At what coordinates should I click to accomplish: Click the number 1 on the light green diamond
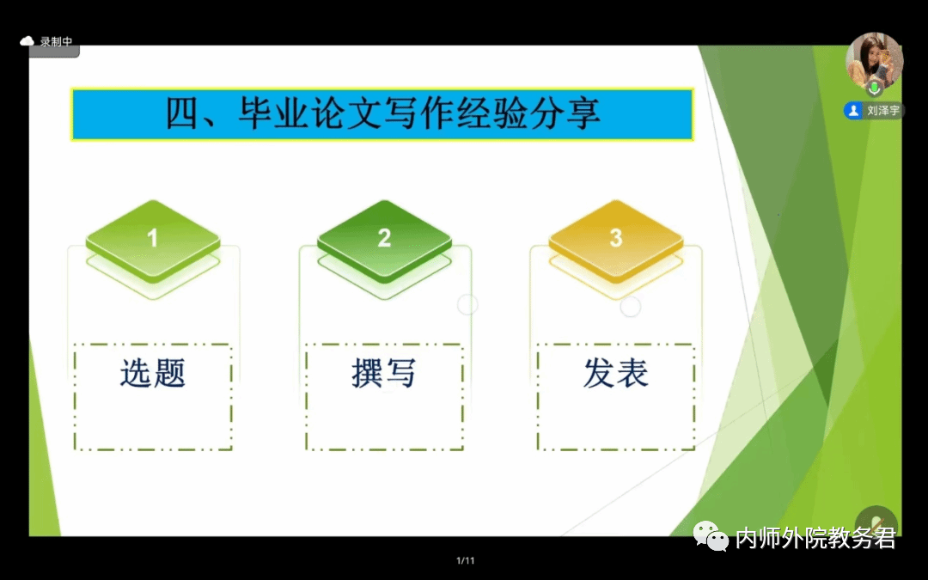click(x=153, y=238)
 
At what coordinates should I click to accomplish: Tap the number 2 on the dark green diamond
click(x=384, y=238)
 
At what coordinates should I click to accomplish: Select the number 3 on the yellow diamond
click(x=616, y=238)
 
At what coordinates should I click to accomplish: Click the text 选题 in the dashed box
click(x=153, y=373)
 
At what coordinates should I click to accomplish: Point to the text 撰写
click(x=384, y=373)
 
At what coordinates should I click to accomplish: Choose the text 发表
click(x=616, y=373)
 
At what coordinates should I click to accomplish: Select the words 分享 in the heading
click(x=565, y=113)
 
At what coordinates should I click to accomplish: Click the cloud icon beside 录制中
click(x=27, y=41)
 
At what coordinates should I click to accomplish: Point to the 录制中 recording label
click(x=56, y=41)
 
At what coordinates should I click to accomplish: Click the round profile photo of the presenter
click(x=874, y=61)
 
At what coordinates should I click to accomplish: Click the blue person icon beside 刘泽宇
click(x=853, y=111)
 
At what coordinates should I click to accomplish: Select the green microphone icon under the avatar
click(x=874, y=89)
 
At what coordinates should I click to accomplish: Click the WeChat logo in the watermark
click(x=711, y=536)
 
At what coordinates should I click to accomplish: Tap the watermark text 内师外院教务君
click(x=815, y=537)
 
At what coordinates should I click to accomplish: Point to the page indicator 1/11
click(x=465, y=560)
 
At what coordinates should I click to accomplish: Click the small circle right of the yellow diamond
click(x=631, y=307)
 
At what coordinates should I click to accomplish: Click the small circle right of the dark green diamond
click(x=467, y=305)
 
